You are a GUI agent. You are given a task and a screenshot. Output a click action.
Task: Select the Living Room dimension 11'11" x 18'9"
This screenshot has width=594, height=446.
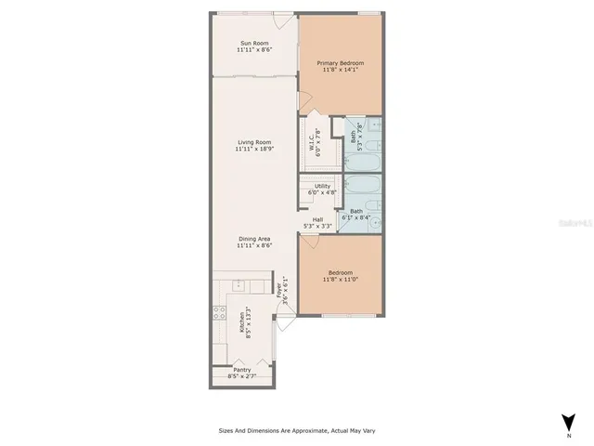252,149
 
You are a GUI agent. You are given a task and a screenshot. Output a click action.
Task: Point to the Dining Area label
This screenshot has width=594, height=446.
252,239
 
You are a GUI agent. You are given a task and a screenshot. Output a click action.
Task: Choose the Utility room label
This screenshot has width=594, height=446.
321,186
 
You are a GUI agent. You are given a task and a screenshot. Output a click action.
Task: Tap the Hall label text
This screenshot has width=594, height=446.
317,219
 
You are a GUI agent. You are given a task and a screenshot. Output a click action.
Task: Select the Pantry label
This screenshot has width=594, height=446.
242,371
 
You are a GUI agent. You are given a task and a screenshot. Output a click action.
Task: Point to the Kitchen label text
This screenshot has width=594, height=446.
243,321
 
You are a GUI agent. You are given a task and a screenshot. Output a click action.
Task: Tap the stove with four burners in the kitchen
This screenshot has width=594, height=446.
220,317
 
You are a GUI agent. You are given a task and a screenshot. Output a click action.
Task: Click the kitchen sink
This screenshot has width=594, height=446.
239,284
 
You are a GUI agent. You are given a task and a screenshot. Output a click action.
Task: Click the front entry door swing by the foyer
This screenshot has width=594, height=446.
286,324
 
